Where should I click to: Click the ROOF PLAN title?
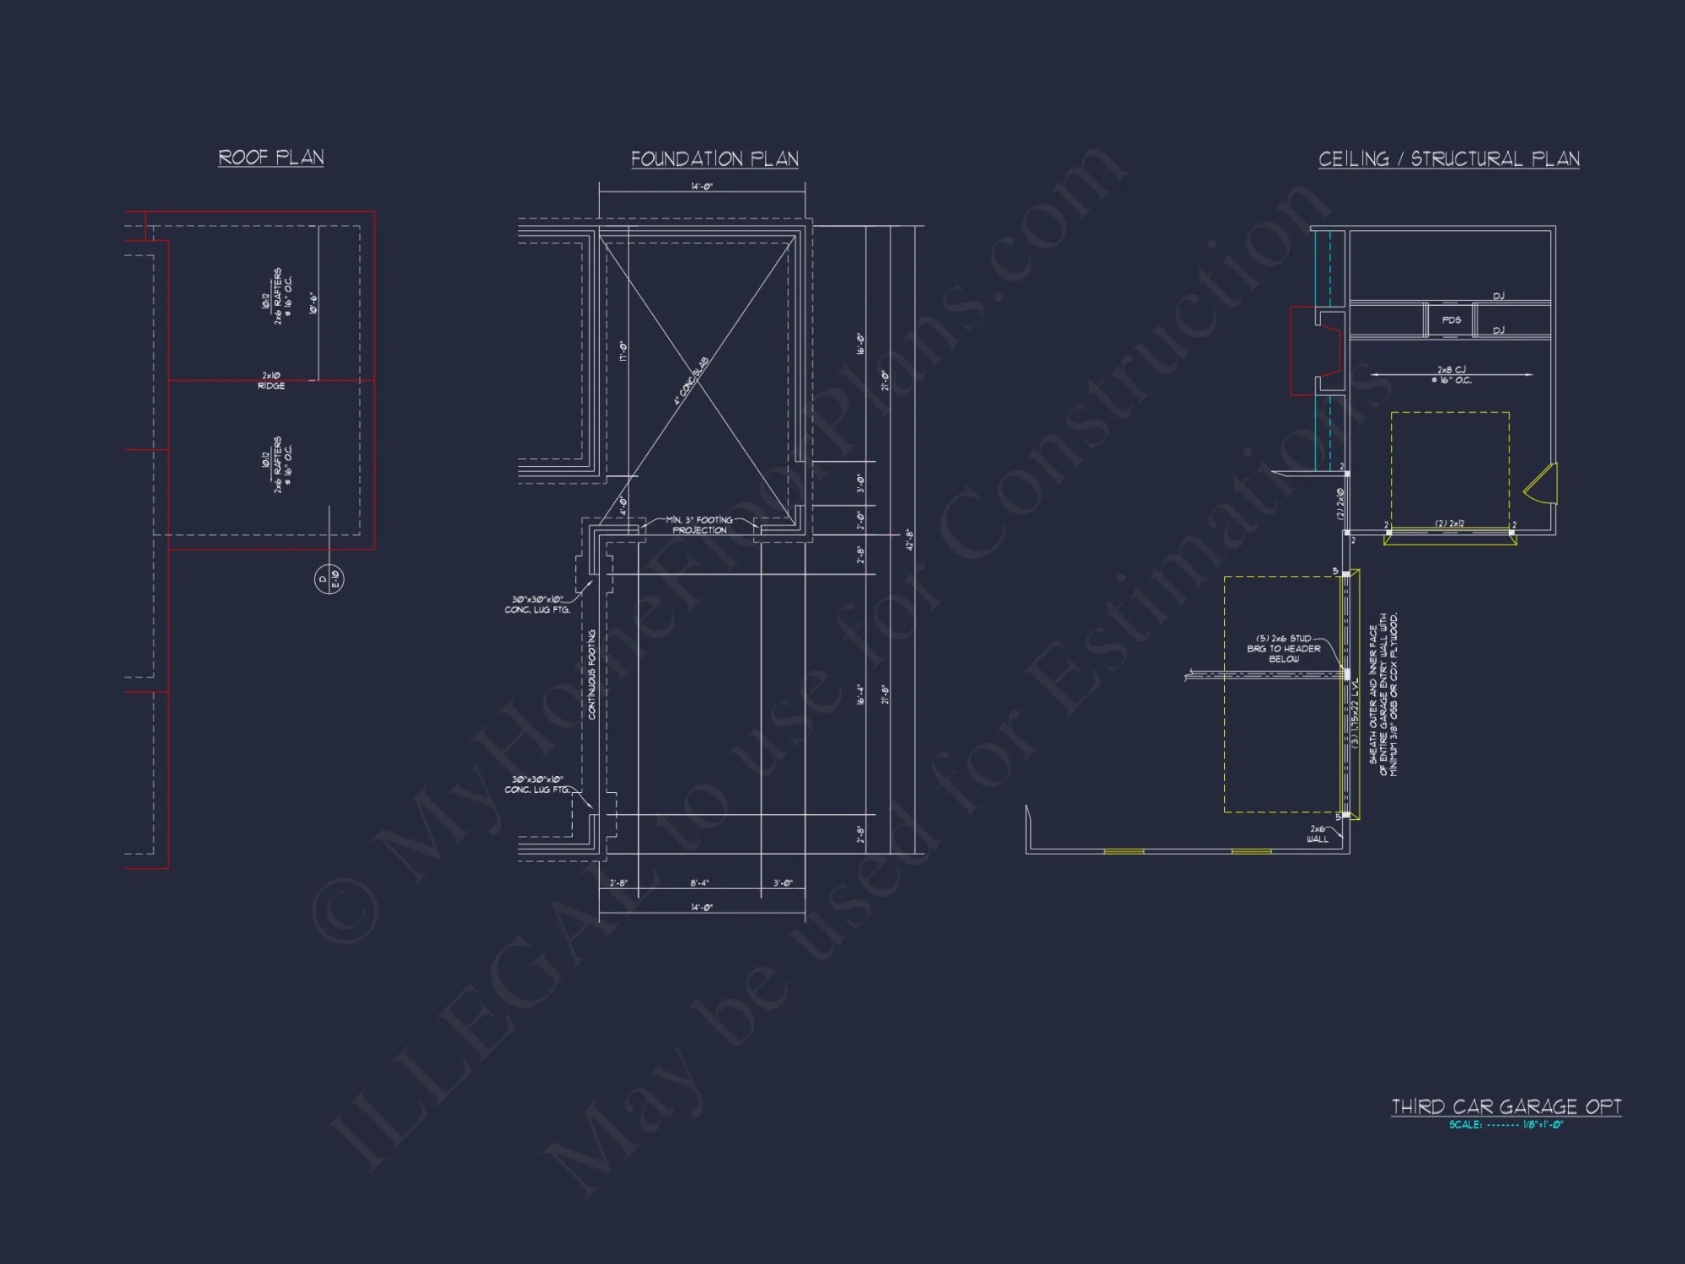click(270, 158)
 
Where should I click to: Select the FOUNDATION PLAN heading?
click(714, 159)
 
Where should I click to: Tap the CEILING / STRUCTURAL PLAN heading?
click(1448, 159)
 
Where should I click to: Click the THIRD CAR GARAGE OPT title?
click(1506, 1106)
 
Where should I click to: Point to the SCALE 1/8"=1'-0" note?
click(1506, 1125)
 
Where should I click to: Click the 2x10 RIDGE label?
click(271, 381)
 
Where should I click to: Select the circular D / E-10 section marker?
click(329, 579)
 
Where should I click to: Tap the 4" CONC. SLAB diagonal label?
click(691, 381)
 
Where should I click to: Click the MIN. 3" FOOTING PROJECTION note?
click(699, 525)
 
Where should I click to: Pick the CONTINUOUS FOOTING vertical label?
click(591, 674)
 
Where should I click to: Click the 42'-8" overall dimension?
click(909, 540)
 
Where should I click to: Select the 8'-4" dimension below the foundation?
click(699, 883)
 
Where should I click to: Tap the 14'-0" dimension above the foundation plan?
click(702, 186)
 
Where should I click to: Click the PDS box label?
click(1451, 320)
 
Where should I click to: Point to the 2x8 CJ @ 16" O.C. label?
click(1451, 375)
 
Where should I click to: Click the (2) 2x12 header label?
click(1449, 523)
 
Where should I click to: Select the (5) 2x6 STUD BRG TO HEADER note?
click(1283, 649)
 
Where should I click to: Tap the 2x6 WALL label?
click(1317, 834)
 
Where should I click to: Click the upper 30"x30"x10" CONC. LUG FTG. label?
click(537, 605)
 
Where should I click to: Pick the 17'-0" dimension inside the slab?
click(623, 351)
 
